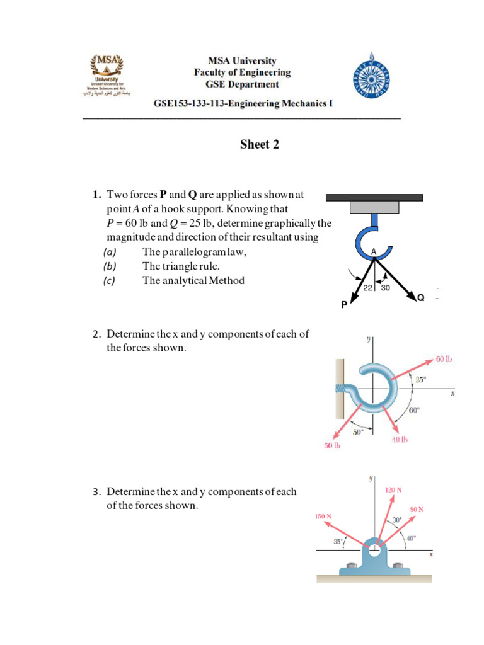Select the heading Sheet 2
click(x=259, y=145)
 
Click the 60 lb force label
click(x=444, y=360)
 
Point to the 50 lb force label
click(x=332, y=446)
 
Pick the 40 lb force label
click(x=400, y=439)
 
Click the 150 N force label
click(x=323, y=517)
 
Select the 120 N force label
click(x=394, y=489)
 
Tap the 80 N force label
click(x=417, y=508)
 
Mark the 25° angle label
click(x=420, y=379)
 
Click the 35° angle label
click(x=338, y=541)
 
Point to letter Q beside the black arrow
click(x=420, y=297)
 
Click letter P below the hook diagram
click(x=343, y=305)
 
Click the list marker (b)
click(x=110, y=266)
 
